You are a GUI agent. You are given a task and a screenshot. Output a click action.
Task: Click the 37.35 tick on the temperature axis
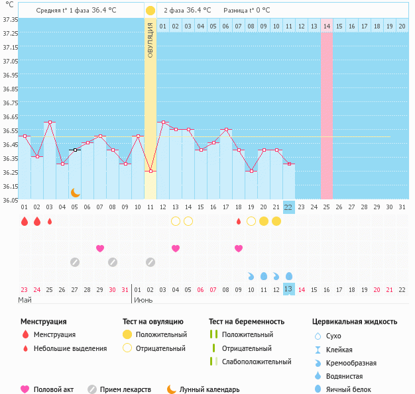[9, 19]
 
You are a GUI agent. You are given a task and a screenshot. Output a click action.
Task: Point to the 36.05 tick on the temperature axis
[9, 200]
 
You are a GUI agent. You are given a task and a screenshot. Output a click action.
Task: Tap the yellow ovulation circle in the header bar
[150, 11]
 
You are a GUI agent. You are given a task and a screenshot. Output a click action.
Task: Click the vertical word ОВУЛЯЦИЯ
[150, 40]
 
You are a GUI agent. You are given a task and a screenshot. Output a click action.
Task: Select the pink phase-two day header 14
[326, 26]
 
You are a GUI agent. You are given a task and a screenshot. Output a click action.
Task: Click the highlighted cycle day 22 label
[288, 207]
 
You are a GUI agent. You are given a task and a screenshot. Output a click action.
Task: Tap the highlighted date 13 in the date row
[288, 289]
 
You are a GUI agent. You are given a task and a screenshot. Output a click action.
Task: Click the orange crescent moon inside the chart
[76, 192]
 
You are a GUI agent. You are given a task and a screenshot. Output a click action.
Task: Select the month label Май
[25, 300]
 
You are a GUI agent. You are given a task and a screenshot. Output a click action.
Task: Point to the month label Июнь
[143, 300]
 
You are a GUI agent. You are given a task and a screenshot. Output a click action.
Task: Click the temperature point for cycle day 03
[50, 122]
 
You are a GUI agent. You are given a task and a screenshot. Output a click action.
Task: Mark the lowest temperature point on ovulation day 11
[150, 171]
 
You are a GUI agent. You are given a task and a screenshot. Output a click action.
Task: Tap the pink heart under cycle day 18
[239, 248]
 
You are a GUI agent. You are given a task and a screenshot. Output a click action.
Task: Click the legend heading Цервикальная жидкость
[355, 321]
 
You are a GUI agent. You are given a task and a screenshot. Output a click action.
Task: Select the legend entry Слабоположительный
[257, 362]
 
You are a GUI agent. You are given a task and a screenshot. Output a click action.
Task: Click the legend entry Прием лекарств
[125, 389]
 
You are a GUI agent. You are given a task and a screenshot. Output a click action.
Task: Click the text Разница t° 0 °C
[247, 11]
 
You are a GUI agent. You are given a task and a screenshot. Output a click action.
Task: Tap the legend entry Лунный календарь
[208, 389]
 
